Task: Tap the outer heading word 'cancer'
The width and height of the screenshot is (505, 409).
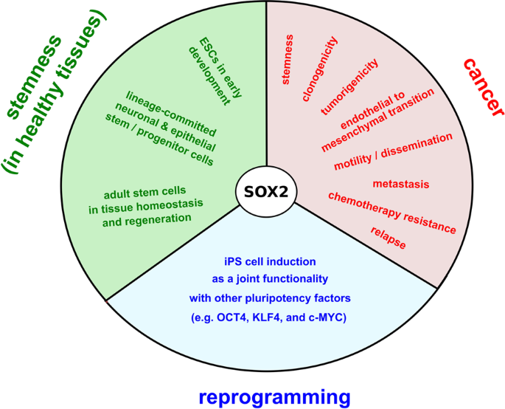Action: (484, 87)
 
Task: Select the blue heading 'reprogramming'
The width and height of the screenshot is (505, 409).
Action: (274, 396)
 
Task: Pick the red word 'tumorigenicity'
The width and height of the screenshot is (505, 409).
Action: (349, 86)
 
